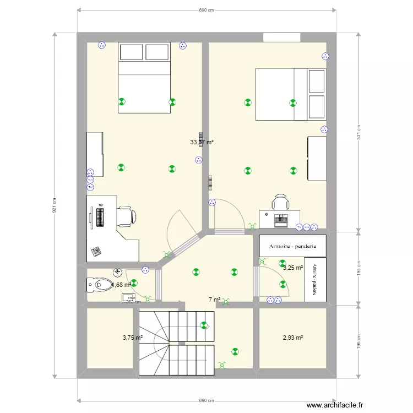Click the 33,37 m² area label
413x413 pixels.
point(202,142)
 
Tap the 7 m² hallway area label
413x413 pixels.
point(214,300)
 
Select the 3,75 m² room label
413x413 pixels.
point(133,338)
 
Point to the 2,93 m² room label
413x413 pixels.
point(292,338)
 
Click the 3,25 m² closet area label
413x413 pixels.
point(293,268)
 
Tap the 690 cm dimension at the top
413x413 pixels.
point(206,10)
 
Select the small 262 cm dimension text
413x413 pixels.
point(133,301)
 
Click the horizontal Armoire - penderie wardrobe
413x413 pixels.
point(292,246)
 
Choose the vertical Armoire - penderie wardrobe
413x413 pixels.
point(315,279)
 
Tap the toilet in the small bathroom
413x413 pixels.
point(99,285)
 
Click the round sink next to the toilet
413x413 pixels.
point(117,271)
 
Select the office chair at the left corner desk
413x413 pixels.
point(126,216)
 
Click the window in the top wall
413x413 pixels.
point(281,37)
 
